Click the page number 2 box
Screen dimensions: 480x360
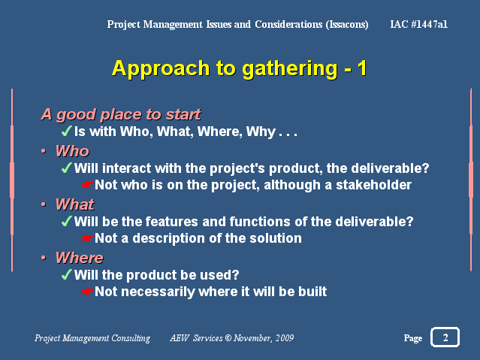click(445, 337)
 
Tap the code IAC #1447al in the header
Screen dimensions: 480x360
click(418, 24)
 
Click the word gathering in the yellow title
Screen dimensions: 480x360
click(290, 69)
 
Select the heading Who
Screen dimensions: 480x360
click(73, 151)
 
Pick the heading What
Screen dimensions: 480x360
click(75, 204)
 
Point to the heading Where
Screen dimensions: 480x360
click(80, 258)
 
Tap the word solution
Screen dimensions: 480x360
click(276, 238)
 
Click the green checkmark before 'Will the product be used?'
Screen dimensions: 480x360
click(67, 274)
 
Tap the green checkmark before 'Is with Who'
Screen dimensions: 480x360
click(67, 131)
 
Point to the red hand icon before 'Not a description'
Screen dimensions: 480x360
click(88, 238)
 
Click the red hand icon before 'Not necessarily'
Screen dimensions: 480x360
click(88, 292)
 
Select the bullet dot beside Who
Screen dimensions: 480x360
click(44, 151)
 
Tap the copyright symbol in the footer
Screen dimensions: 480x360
click(228, 337)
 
